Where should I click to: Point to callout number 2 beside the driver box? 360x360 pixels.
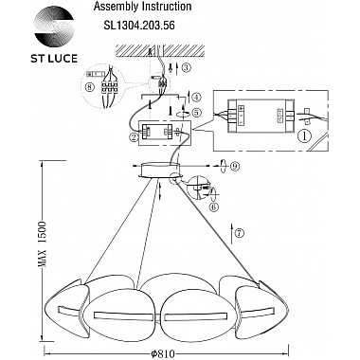click(x=135, y=136)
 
